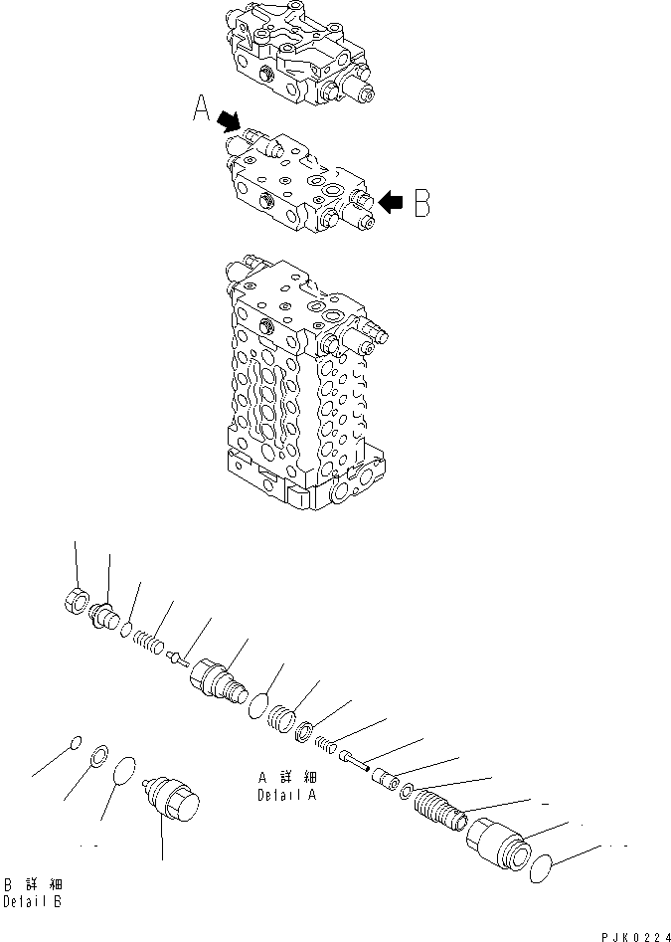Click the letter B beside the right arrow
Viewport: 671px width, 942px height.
point(421,203)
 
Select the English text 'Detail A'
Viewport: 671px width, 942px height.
point(286,795)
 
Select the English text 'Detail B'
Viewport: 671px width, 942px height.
point(32,902)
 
